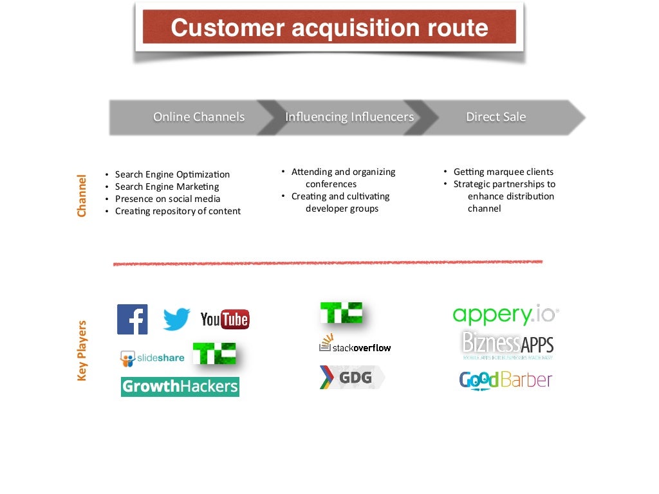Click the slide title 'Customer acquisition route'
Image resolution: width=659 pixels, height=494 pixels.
(x=329, y=28)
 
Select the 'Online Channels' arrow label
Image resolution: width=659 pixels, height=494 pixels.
(x=199, y=117)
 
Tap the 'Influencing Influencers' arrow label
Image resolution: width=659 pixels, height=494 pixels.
(x=349, y=117)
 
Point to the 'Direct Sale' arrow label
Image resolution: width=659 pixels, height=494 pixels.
(x=496, y=117)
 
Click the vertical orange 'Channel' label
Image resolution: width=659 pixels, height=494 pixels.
(x=82, y=196)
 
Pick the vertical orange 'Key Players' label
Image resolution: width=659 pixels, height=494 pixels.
(x=82, y=351)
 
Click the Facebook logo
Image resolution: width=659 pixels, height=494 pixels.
(x=133, y=319)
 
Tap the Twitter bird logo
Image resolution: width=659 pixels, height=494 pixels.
(x=176, y=319)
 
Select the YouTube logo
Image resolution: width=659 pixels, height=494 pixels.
(x=225, y=319)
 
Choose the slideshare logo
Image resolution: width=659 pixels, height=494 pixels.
(x=153, y=358)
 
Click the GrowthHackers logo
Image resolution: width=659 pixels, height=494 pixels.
(x=180, y=387)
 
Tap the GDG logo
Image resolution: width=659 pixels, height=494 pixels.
(x=351, y=377)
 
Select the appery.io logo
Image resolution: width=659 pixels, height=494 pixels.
(x=506, y=315)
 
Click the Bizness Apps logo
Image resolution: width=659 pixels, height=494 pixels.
(x=508, y=345)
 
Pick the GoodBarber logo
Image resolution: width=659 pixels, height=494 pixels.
(x=506, y=380)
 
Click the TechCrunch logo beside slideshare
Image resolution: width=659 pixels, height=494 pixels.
(x=214, y=354)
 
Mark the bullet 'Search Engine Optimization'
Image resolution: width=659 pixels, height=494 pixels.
(x=172, y=174)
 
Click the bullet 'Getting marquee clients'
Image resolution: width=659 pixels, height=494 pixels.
(x=503, y=172)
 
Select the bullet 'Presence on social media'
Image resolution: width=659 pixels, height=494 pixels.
(x=167, y=199)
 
